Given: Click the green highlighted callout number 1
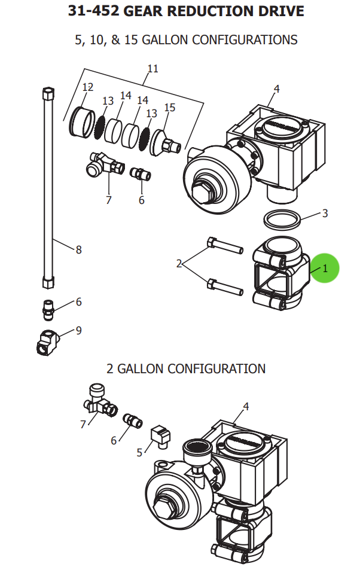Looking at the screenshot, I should tap(325, 269).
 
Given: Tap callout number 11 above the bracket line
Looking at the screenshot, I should tap(153, 69).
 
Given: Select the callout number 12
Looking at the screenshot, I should tap(87, 87).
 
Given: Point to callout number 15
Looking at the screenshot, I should tap(170, 108).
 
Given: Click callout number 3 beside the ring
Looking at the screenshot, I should tap(325, 214).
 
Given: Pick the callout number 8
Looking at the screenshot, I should tap(78, 250).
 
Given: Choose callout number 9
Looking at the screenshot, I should tap(78, 330).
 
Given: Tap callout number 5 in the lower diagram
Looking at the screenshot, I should tap(140, 452).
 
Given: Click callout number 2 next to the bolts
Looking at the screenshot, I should tap(179, 263).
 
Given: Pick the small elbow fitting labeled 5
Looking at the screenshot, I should tap(161, 435).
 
